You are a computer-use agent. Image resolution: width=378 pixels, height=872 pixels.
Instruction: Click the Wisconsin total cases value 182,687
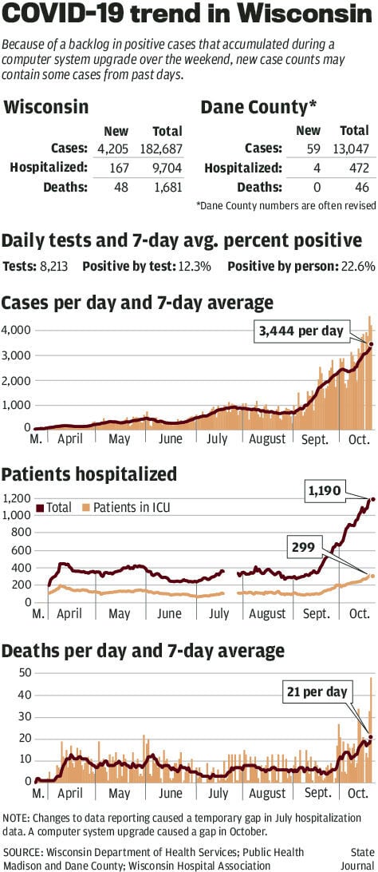click(160, 149)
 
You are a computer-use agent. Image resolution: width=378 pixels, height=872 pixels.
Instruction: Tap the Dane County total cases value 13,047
click(352, 149)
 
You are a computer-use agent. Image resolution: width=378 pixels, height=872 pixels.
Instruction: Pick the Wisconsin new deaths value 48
click(125, 187)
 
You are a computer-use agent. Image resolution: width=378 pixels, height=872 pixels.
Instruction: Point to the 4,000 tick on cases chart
click(16, 330)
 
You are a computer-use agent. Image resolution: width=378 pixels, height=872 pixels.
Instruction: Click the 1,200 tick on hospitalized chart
click(16, 498)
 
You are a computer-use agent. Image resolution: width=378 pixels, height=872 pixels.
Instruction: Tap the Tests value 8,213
click(53, 266)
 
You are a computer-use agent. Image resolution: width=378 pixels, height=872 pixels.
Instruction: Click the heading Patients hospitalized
click(89, 475)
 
